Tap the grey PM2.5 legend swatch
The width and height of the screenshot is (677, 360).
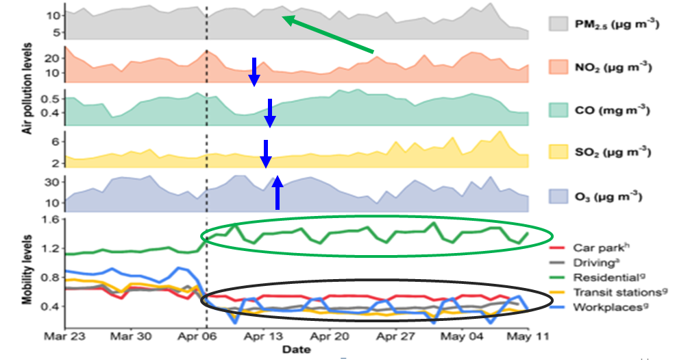pyautogui.click(x=565, y=25)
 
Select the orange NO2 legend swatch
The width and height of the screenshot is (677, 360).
pyautogui.click(x=565, y=67)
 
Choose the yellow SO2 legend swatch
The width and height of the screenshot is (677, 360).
pyautogui.click(x=565, y=152)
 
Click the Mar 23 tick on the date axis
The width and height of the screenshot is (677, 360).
pyautogui.click(x=65, y=337)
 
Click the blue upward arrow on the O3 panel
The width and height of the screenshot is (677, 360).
pyautogui.click(x=278, y=193)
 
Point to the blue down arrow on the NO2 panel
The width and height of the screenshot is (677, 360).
pyautogui.click(x=254, y=72)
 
